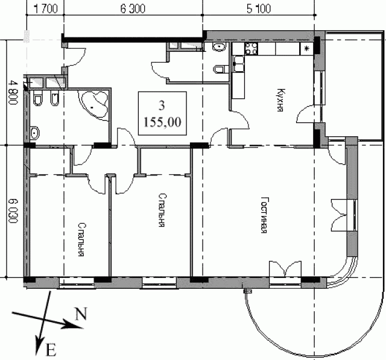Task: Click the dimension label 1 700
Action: click(45, 9)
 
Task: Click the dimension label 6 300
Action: click(133, 9)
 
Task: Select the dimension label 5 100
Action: click(259, 9)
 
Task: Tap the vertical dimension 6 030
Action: click(13, 210)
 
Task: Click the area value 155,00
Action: click(162, 122)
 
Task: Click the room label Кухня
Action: click(280, 100)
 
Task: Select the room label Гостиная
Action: click(264, 215)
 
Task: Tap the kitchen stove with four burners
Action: click(252, 48)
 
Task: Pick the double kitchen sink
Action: click(238, 64)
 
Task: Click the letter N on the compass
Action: click(81, 314)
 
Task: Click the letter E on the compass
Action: click(51, 350)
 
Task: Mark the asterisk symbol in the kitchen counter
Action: click(307, 48)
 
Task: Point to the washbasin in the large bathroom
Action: click(34, 133)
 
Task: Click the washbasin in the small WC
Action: click(219, 46)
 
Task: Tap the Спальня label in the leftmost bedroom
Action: click(81, 239)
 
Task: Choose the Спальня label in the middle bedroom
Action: click(161, 210)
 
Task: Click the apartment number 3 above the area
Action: click(162, 106)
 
